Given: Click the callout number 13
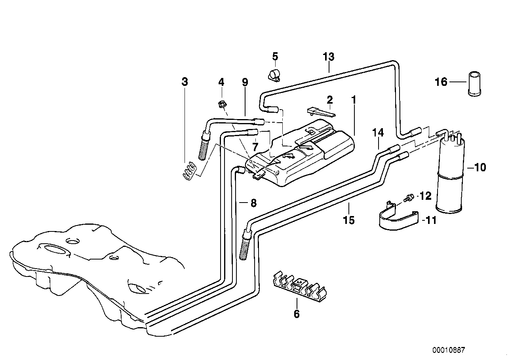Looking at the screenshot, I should [328, 57].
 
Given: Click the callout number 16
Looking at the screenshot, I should [441, 82].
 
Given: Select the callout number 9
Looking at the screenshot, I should [245, 82].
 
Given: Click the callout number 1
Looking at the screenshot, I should [354, 100].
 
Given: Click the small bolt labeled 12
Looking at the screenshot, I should [409, 196].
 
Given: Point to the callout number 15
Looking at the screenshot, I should [349, 220].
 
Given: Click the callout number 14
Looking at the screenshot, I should [378, 133].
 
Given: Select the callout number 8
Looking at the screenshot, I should [253, 203].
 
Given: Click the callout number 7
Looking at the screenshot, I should [255, 147].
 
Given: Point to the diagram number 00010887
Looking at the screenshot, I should [449, 350].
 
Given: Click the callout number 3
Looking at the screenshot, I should [185, 82].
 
